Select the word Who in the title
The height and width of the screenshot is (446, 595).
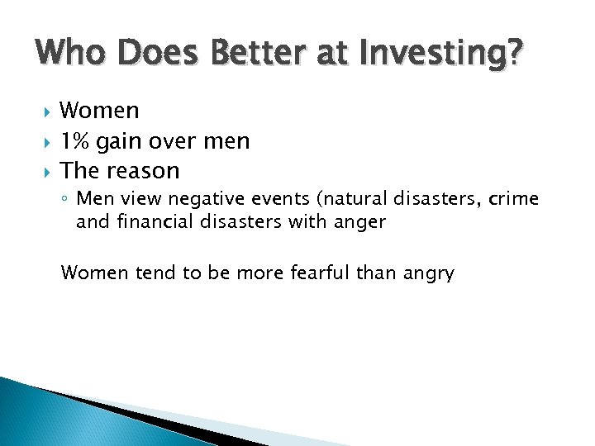point(69,55)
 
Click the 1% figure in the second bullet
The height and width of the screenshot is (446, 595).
point(76,141)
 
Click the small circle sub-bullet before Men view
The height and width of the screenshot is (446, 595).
point(66,200)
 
